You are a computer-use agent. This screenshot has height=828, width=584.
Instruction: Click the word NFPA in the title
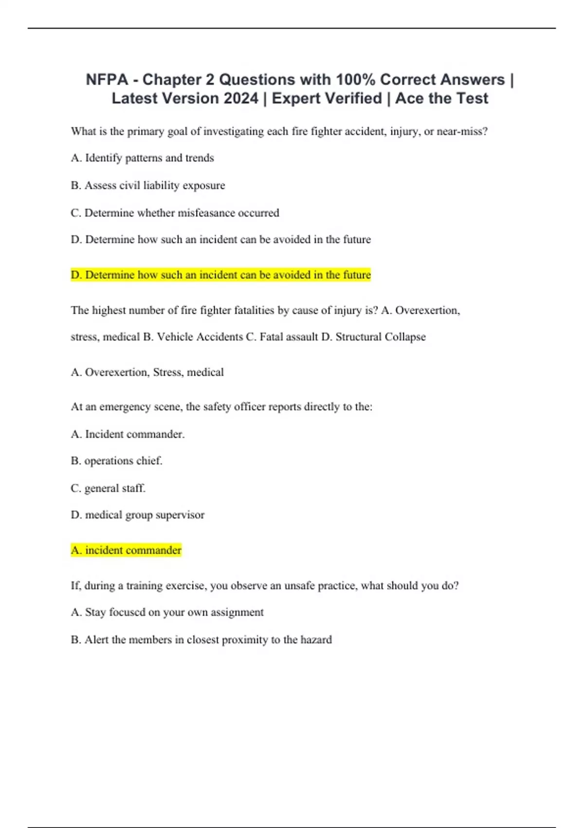pyautogui.click(x=107, y=79)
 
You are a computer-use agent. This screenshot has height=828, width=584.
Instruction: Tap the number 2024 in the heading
pyautogui.click(x=240, y=98)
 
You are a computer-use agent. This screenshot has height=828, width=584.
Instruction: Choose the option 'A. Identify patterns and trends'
pyautogui.click(x=142, y=158)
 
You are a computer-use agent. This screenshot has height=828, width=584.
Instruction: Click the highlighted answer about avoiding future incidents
pyautogui.click(x=220, y=275)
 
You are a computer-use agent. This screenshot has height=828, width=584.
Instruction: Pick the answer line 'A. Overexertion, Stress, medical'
pyautogui.click(x=147, y=373)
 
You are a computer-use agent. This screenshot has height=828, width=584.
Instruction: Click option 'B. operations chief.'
pyautogui.click(x=116, y=461)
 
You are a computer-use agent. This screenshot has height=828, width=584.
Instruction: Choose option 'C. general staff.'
pyautogui.click(x=108, y=488)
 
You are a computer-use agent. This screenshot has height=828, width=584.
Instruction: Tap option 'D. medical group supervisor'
pyautogui.click(x=137, y=515)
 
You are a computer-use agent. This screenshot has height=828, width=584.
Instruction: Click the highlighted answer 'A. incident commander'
pyautogui.click(x=126, y=550)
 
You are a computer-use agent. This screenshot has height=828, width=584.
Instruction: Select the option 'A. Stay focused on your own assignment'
pyautogui.click(x=167, y=612)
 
